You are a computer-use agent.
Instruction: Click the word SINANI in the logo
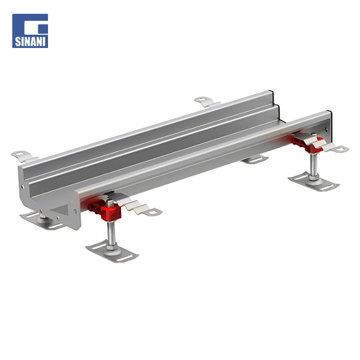pyautogui.click(x=30, y=41)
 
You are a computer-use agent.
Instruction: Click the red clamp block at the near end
pyautogui.click(x=104, y=209)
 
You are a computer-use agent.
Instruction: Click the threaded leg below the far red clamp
pyautogui.click(x=313, y=166)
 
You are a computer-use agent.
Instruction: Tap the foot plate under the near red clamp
pyautogui.click(x=112, y=252)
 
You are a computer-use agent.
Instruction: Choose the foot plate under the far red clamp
pyautogui.click(x=314, y=181)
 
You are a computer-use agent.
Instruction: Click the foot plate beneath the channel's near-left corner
pyautogui.click(x=41, y=221)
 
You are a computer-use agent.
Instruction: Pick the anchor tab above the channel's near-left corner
pyautogui.click(x=25, y=155)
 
